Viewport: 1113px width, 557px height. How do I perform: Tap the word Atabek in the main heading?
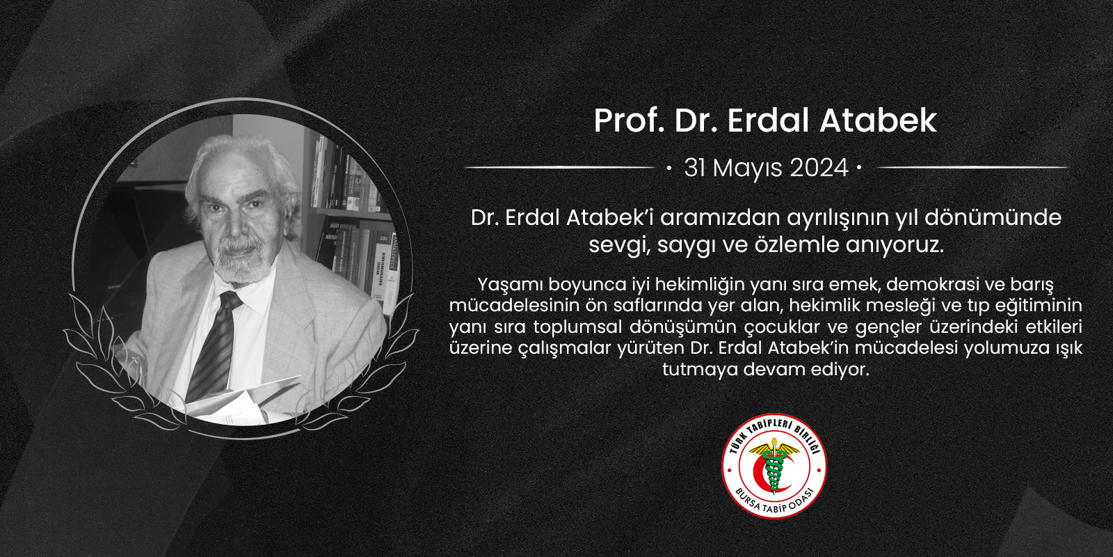878,120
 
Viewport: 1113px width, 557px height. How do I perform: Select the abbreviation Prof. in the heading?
630,120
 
